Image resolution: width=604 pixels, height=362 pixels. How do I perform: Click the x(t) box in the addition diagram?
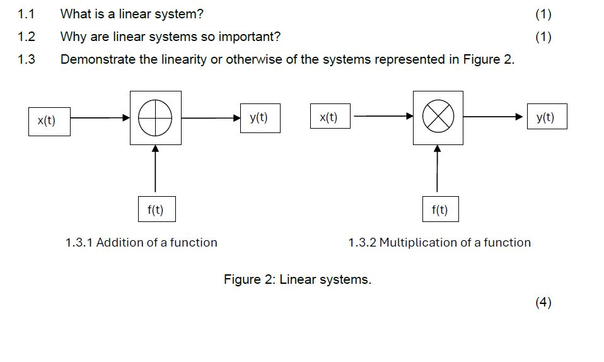pyautogui.click(x=49, y=121)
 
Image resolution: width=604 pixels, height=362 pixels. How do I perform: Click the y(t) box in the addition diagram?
pyautogui.click(x=260, y=117)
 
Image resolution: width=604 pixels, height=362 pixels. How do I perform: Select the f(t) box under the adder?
pyautogui.click(x=156, y=209)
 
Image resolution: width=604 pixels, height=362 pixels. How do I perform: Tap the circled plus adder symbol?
pyautogui.click(x=155, y=117)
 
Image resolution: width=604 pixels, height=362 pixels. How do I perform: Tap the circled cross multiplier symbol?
pyautogui.click(x=438, y=117)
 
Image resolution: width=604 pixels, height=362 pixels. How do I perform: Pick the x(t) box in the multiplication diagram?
pyautogui.click(x=329, y=117)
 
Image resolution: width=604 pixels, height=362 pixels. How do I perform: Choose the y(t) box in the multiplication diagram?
pyautogui.click(x=547, y=117)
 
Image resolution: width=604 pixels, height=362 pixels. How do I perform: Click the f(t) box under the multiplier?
pyautogui.click(x=440, y=209)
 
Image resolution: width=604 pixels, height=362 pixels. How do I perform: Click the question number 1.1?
pyautogui.click(x=26, y=14)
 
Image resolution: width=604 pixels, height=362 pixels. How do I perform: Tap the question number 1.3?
pyautogui.click(x=26, y=60)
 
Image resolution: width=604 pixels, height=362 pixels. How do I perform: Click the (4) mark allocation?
pyautogui.click(x=543, y=302)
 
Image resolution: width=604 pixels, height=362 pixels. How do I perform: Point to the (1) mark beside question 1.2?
pyautogui.click(x=543, y=37)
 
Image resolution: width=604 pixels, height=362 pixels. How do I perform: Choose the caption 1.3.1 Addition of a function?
pyautogui.click(x=141, y=243)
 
